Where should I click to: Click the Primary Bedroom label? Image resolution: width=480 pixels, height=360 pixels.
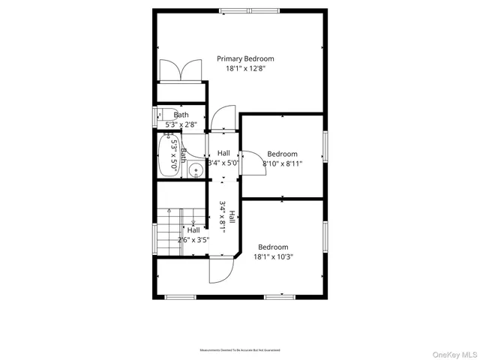[245, 58]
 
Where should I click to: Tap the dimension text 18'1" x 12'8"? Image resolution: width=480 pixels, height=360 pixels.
[245, 68]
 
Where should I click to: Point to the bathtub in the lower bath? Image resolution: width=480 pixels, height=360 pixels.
[166, 155]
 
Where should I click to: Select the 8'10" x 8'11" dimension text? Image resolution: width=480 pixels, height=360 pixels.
[282, 163]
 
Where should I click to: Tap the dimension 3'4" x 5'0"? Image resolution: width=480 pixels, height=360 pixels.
[223, 162]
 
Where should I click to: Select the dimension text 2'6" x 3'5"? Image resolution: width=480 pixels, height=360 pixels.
[193, 240]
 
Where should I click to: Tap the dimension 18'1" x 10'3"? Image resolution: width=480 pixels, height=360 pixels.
[273, 256]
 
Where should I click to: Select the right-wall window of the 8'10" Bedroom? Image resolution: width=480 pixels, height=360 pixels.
[325, 145]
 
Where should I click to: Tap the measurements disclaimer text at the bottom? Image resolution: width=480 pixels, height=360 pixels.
[240, 350]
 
